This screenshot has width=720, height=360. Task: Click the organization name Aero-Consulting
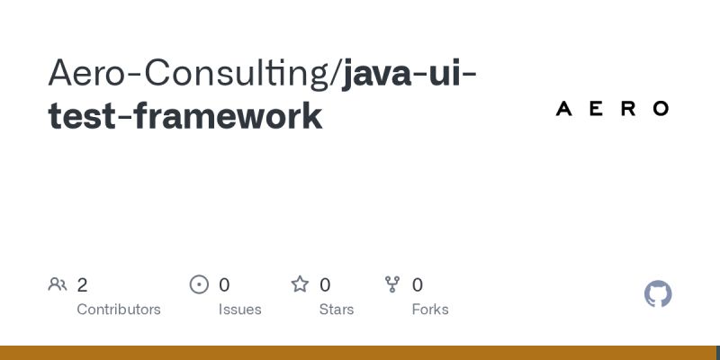coord(189,73)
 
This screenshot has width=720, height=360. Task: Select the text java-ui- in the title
coord(409,73)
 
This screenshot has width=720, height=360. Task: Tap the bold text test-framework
coord(184,116)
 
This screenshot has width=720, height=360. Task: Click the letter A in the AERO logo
coord(564,109)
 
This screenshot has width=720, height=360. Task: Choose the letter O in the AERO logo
coord(661,109)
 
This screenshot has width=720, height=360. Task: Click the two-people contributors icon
coord(58,285)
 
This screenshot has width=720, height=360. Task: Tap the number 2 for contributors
coord(82,285)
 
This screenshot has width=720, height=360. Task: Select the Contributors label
coord(119,310)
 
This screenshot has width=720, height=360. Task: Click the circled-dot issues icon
coord(199,285)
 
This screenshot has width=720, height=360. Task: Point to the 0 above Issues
coord(224,285)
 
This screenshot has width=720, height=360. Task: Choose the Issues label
coord(239,310)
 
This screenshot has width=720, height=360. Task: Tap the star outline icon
coord(300,285)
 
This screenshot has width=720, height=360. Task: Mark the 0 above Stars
coord(325,285)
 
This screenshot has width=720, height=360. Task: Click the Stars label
coord(337,310)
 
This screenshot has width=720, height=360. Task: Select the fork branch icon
coord(392,285)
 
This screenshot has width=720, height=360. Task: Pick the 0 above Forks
coord(418,285)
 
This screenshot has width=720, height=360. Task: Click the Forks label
coord(430,310)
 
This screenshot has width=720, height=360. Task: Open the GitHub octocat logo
coord(659,294)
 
